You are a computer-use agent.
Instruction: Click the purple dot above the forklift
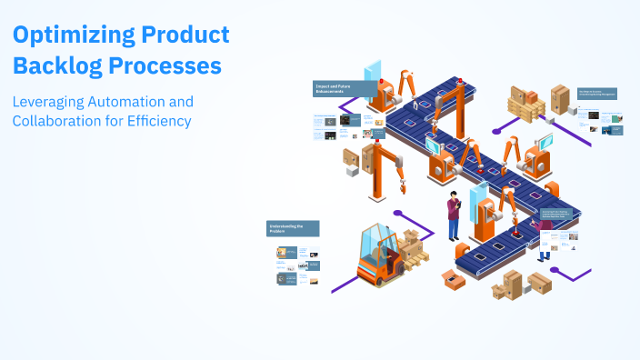[x=397, y=213]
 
